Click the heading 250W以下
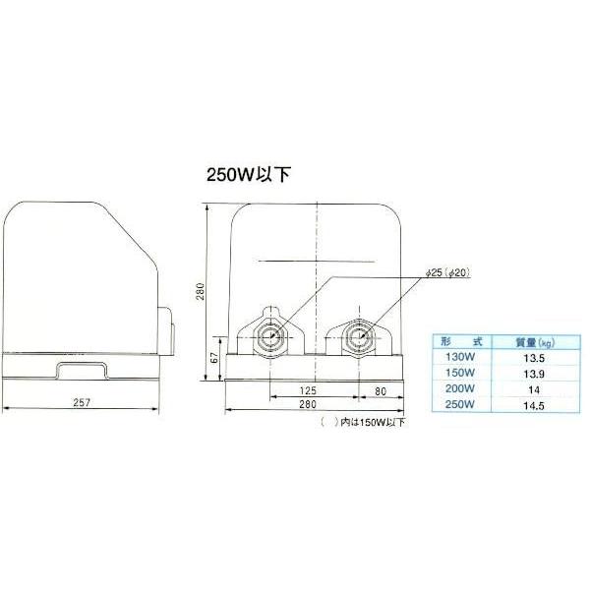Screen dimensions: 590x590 [249, 175]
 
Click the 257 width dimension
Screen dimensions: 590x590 [82, 402]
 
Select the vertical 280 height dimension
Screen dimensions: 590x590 [201, 291]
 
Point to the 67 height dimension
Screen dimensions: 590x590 [214, 358]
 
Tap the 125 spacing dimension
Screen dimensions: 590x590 [308, 390]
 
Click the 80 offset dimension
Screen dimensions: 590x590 [381, 391]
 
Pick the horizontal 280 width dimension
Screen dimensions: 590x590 [308, 404]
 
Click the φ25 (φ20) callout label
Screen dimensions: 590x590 [448, 272]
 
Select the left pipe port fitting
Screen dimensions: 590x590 [270, 336]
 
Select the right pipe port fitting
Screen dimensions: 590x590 [359, 336]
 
